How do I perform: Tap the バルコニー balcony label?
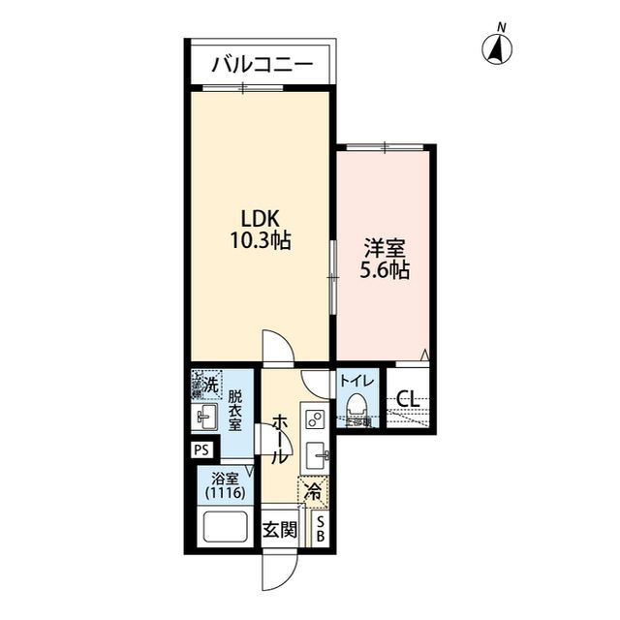click(x=262, y=66)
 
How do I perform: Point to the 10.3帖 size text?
click(x=260, y=240)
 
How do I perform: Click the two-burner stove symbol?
click(x=315, y=419)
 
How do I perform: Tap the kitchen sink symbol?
click(x=317, y=454)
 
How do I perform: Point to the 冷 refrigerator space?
click(x=314, y=491)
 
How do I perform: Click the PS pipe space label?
click(x=201, y=449)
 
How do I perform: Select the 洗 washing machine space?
click(x=204, y=386)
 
